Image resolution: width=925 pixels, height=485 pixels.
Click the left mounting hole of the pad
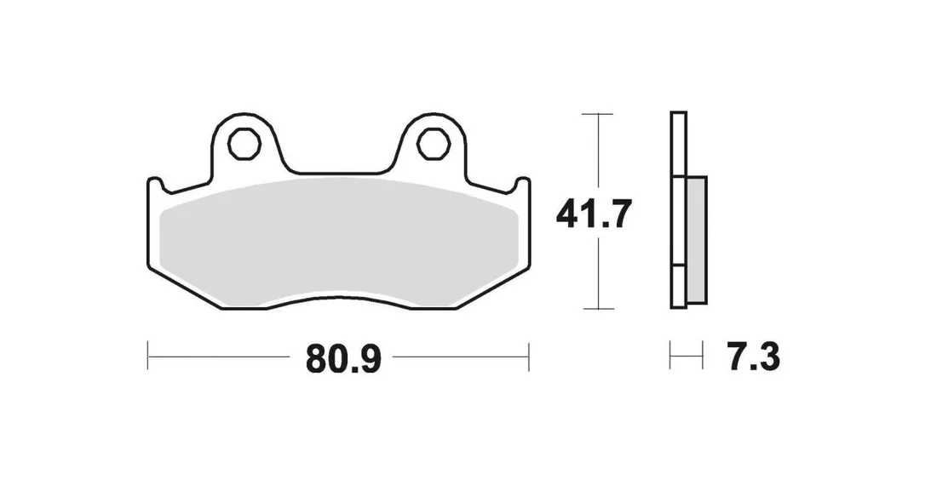[x=244, y=143]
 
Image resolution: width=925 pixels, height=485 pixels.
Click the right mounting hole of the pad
[x=434, y=143]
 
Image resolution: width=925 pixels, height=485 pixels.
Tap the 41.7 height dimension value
[x=594, y=214]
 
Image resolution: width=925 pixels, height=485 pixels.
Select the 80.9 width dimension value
[x=343, y=357]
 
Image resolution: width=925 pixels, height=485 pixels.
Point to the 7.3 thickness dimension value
[x=754, y=357]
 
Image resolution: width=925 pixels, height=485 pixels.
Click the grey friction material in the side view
[x=697, y=241]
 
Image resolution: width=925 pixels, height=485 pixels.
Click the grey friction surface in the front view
[x=339, y=242]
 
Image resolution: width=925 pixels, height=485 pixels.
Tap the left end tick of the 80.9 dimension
[x=147, y=357]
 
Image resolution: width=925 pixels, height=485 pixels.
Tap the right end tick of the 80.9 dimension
[x=529, y=357]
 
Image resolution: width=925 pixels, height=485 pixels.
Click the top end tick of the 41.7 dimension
[x=598, y=113]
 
